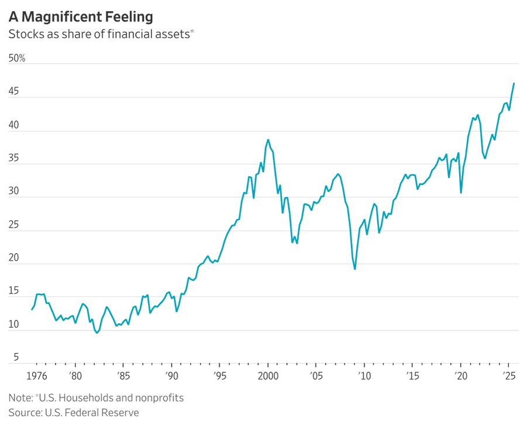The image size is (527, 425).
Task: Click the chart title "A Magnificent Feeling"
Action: pyautogui.click(x=81, y=16)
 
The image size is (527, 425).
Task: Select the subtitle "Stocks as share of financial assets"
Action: pyautogui.click(x=99, y=34)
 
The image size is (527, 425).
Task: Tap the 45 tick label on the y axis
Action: pyautogui.click(x=14, y=92)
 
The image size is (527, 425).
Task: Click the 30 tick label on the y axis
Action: pyautogui.click(x=14, y=191)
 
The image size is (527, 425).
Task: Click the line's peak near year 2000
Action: pyautogui.click(x=268, y=139)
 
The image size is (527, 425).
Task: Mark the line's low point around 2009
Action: pyautogui.click(x=355, y=269)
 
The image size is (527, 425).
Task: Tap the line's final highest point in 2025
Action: pyautogui.click(x=514, y=83)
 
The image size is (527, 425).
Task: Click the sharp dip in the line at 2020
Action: pyautogui.click(x=461, y=193)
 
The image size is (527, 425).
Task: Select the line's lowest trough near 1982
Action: pyautogui.click(x=97, y=333)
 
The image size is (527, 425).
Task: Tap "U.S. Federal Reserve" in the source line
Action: pyautogui.click(x=92, y=413)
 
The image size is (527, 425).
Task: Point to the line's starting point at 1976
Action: pyautogui.click(x=32, y=310)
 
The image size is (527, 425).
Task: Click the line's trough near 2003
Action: pyautogui.click(x=297, y=243)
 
